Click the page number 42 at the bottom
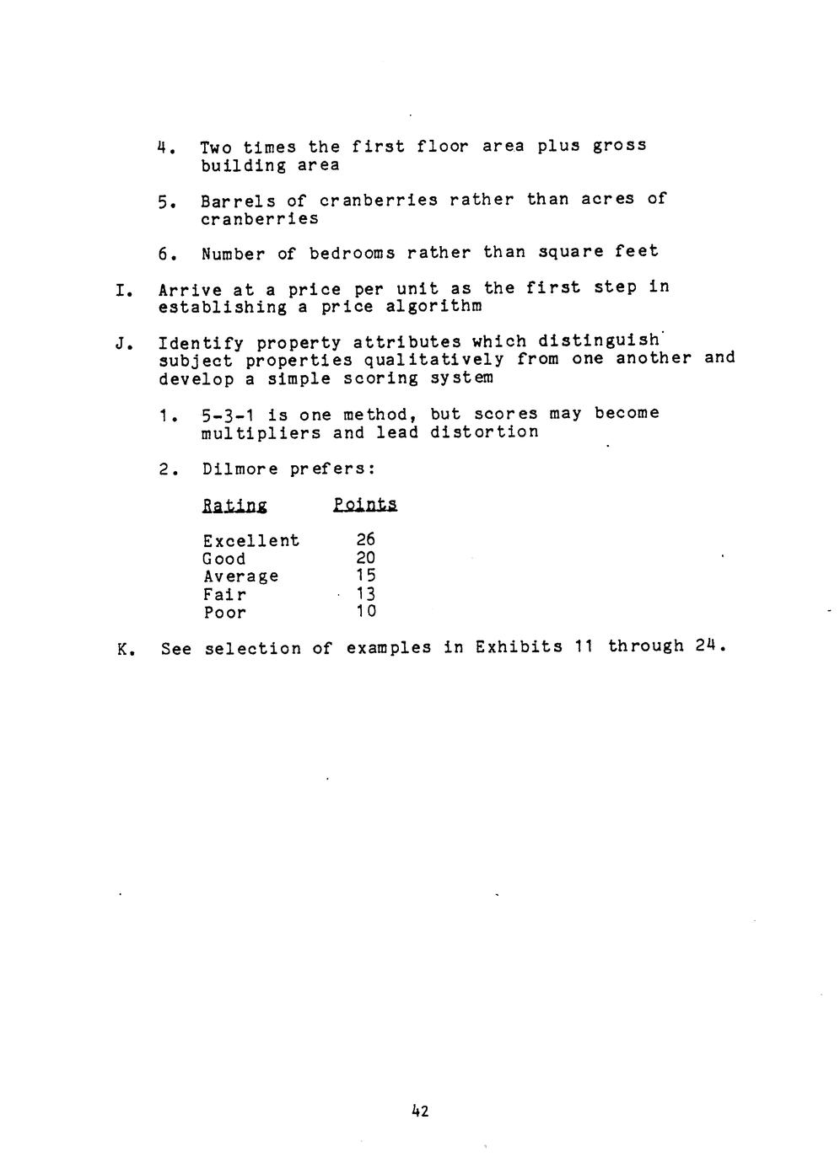[x=420, y=1111]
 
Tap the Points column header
[x=364, y=504]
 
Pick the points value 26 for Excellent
[x=365, y=539]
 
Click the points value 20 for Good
[x=365, y=558]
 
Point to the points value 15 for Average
[x=365, y=576]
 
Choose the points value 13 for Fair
[x=365, y=594]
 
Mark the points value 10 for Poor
[x=365, y=612]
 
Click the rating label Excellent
[x=250, y=540]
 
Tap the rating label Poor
[x=224, y=613]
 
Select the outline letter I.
[x=121, y=291]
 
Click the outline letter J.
[x=121, y=344]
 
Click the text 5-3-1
[x=229, y=415]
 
